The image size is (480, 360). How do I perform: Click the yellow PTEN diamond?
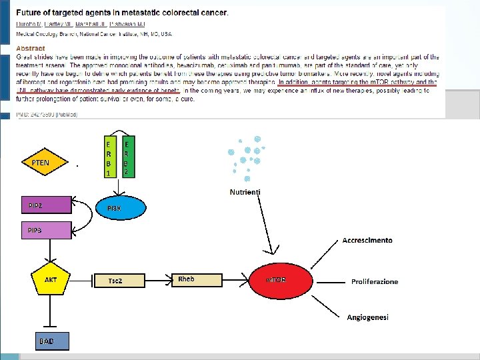click(41, 162)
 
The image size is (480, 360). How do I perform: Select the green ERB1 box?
click(109, 157)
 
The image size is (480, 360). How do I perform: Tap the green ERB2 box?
click(127, 157)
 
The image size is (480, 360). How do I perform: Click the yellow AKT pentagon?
click(50, 281)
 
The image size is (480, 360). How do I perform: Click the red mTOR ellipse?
click(281, 280)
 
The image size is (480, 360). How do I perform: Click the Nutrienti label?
click(245, 192)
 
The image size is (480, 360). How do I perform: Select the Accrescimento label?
click(367, 240)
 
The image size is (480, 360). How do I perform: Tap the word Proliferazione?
click(374, 281)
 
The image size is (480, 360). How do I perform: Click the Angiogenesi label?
click(367, 317)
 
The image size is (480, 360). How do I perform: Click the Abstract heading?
click(31, 48)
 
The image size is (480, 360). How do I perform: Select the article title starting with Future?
click(122, 13)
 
